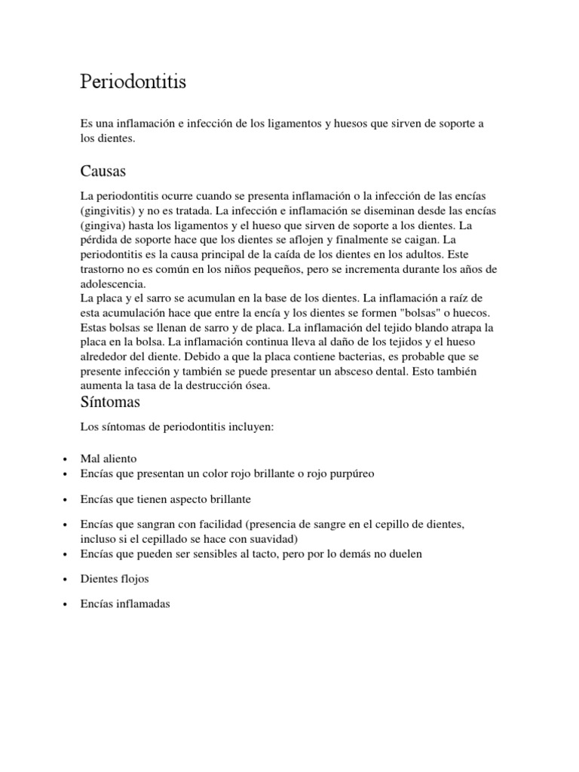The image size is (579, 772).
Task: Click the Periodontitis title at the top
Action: click(133, 82)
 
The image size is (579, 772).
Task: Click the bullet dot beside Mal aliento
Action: click(67, 459)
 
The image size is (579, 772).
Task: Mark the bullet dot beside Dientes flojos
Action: click(67, 580)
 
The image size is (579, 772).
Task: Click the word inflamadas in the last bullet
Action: click(142, 605)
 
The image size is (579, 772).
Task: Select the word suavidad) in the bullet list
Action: click(274, 539)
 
